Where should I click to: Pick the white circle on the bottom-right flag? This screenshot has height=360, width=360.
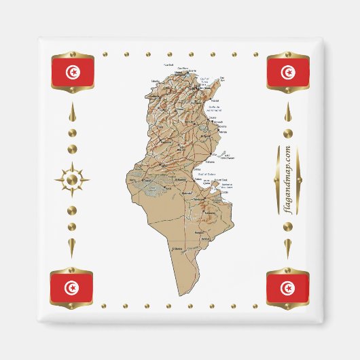click(287, 288)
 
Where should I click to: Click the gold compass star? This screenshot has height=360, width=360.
click(72, 181)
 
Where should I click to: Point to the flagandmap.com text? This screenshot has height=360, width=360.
click(288, 181)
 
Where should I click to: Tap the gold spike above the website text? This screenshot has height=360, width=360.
click(288, 113)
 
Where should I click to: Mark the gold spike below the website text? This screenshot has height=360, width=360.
click(288, 248)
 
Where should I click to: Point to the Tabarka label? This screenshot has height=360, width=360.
click(155, 80)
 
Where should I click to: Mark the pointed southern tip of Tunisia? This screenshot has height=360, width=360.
click(181, 295)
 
